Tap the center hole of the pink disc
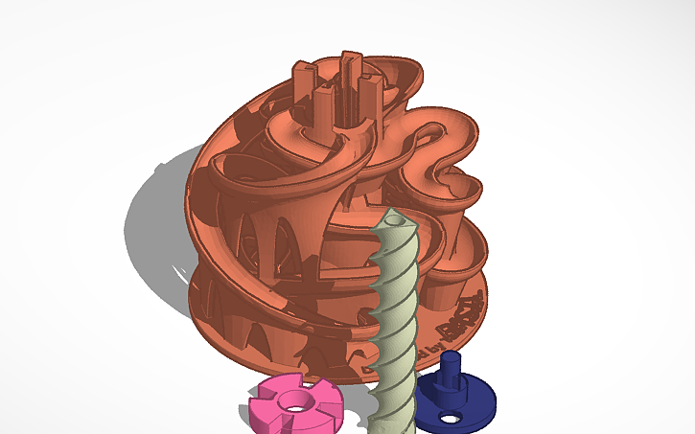point(291,401)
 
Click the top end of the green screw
point(393,218)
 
